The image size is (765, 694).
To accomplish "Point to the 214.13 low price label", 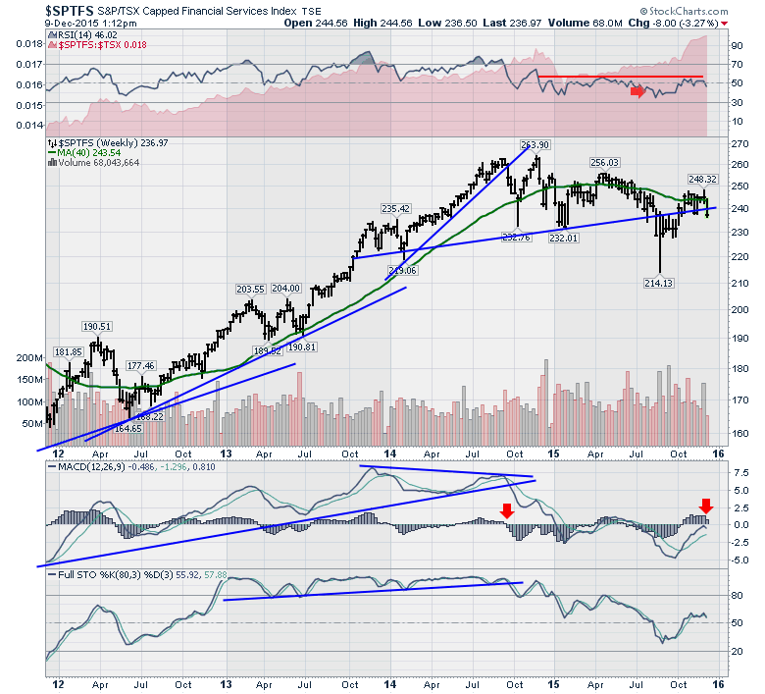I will tap(661, 284).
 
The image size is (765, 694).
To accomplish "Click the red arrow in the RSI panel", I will tap(637, 91).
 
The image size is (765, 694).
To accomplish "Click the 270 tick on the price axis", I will tap(726, 143).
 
